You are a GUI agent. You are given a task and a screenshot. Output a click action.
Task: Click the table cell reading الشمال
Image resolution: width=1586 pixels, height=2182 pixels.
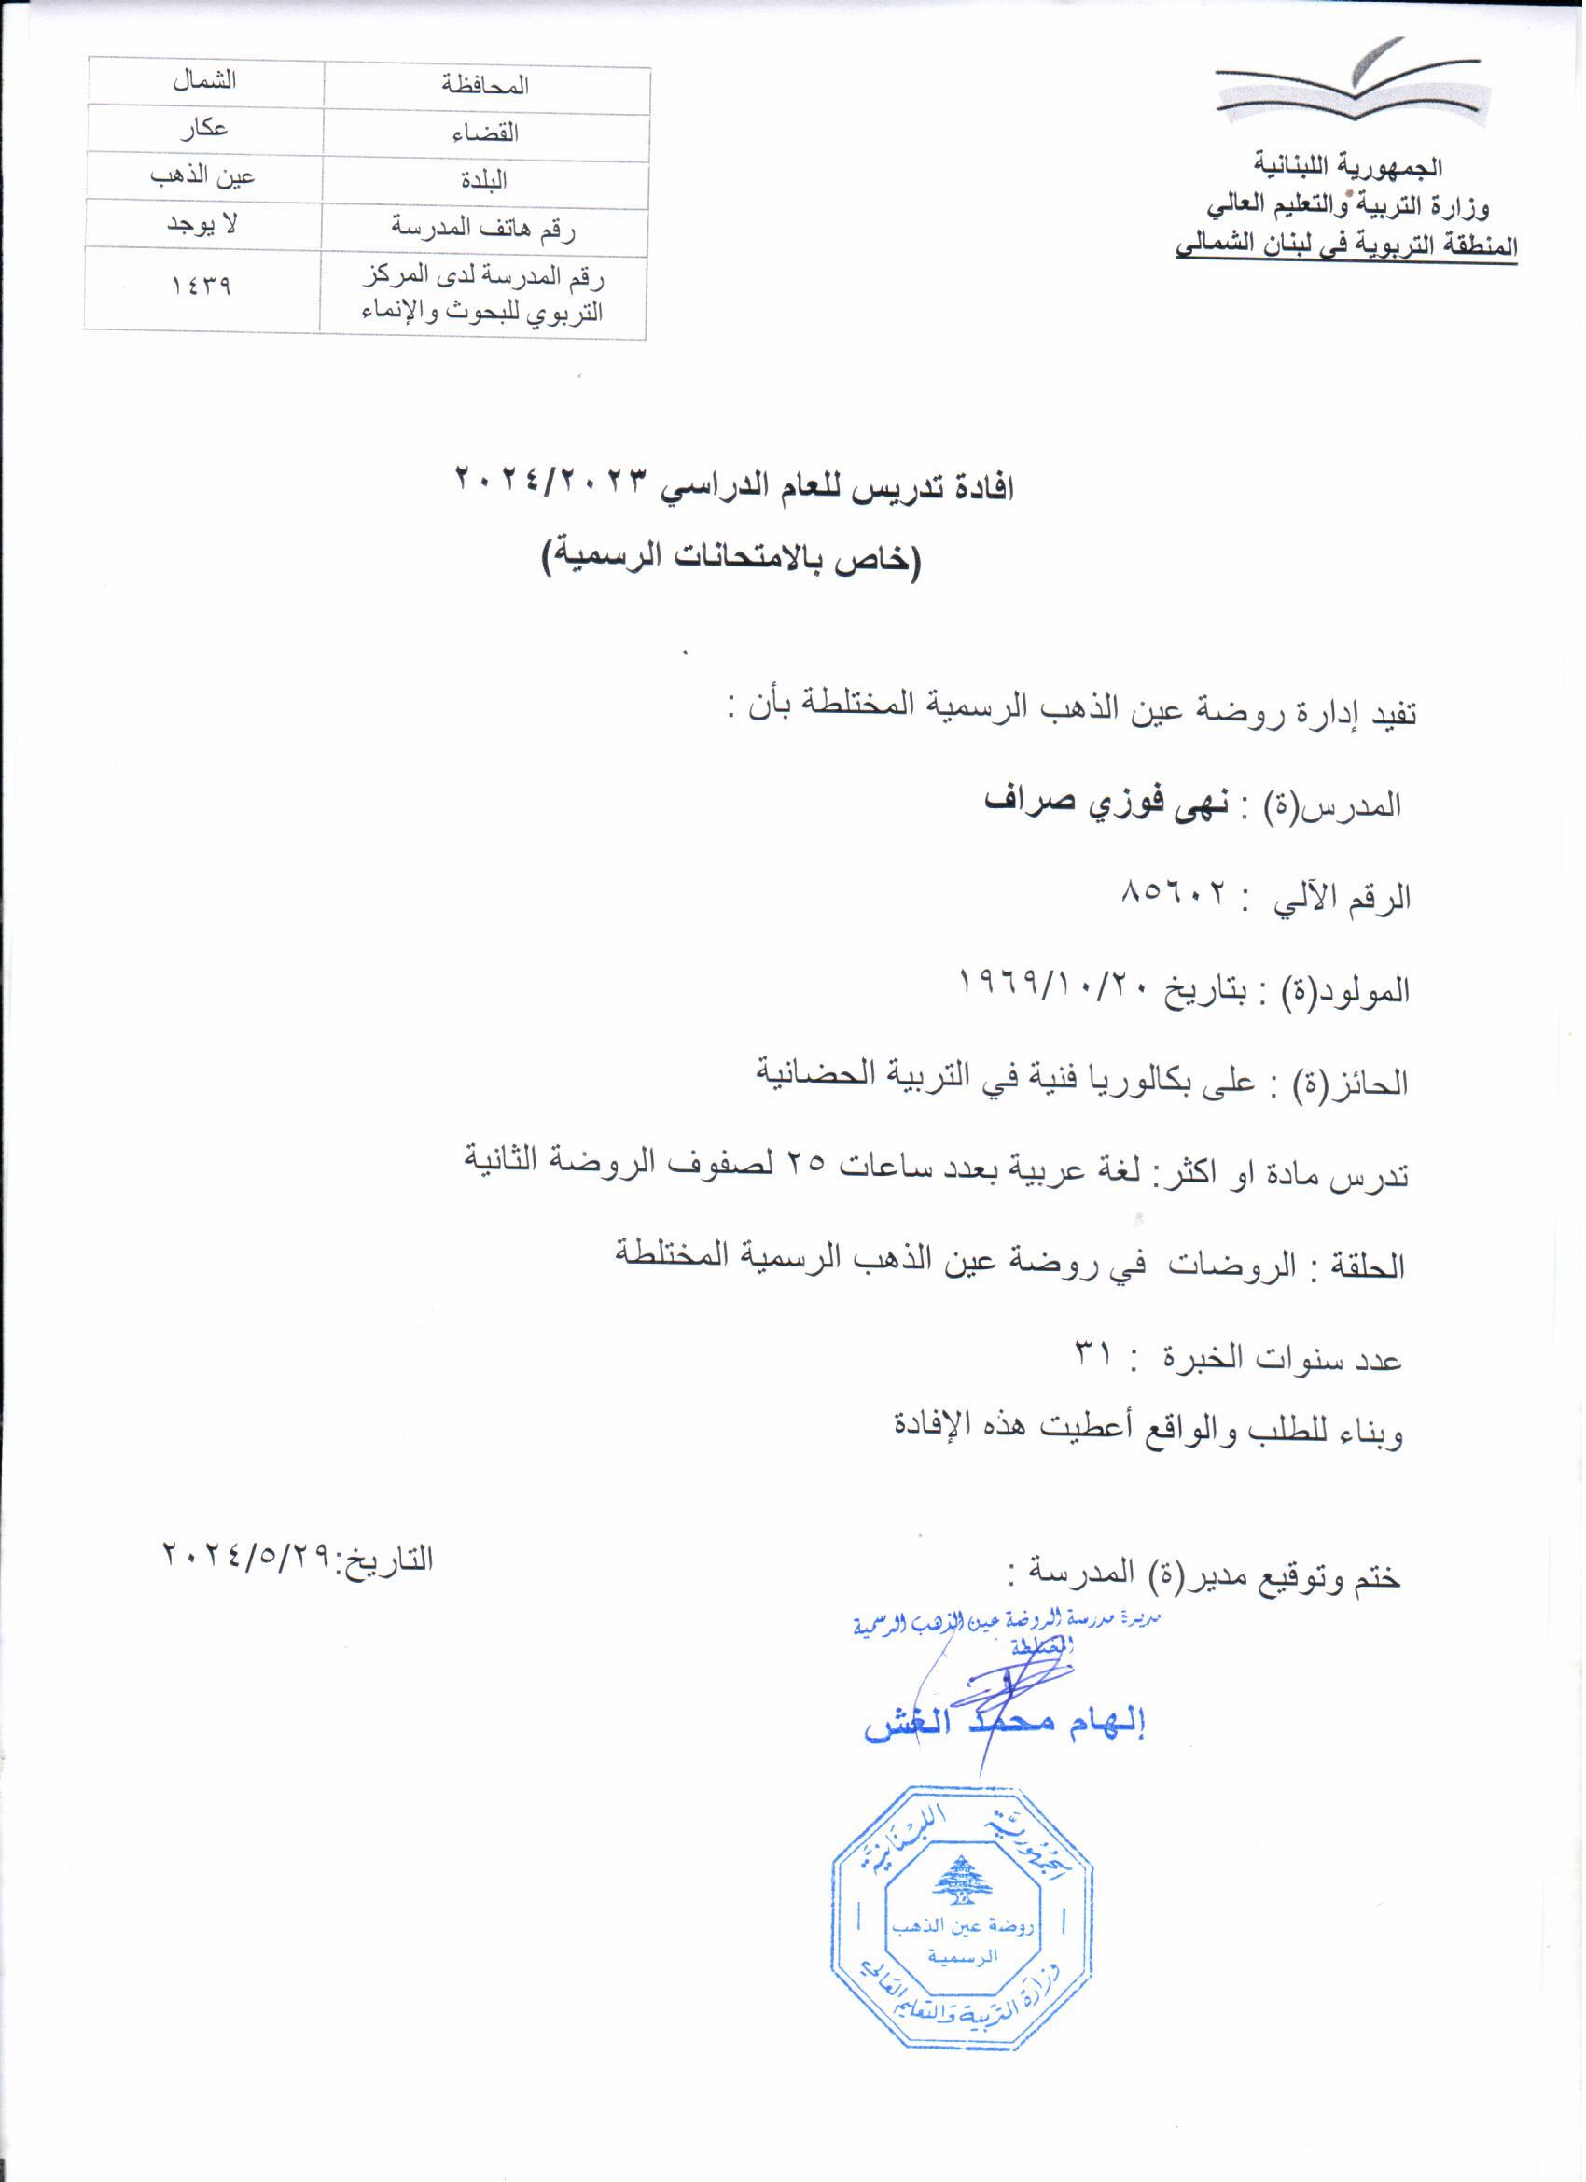click(204, 81)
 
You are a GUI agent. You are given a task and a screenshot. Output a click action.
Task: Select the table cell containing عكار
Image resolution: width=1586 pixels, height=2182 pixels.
click(204, 128)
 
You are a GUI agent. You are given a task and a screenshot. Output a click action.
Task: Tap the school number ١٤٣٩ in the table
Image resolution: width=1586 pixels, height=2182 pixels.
click(202, 286)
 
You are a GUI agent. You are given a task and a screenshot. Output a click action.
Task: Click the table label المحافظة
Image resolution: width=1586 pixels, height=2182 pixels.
click(486, 86)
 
